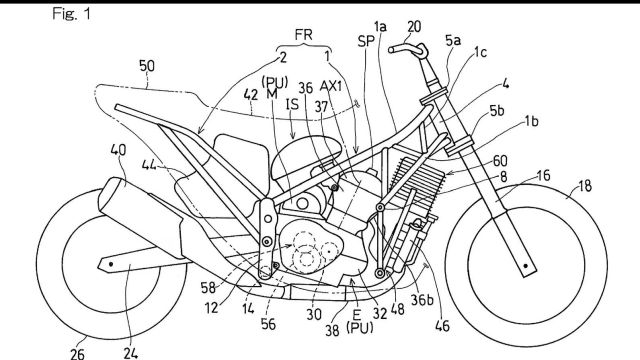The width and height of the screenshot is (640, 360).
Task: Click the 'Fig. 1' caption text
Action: click(71, 14)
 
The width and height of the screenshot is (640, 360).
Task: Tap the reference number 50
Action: click(147, 66)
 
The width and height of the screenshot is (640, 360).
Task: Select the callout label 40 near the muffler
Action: click(118, 150)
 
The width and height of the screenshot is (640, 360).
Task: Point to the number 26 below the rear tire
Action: click(77, 353)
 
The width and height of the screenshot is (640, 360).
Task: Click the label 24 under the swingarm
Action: click(131, 353)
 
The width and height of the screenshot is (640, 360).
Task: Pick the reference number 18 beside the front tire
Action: click(584, 186)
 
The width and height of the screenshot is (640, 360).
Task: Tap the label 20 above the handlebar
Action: click(413, 27)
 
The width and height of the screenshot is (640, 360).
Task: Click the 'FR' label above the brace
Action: click(304, 35)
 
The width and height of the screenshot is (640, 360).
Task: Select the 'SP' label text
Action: click(366, 41)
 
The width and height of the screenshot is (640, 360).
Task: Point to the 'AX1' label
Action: click(332, 87)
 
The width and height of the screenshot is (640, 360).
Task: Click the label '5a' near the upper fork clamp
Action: click(453, 40)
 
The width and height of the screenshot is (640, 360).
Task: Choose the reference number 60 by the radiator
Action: click(500, 161)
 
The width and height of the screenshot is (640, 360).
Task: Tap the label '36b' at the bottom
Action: click(422, 300)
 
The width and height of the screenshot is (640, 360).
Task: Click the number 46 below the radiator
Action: click(442, 326)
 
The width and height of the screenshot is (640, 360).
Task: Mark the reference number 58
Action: click(208, 288)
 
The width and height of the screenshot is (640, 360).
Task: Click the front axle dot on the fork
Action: click(526, 266)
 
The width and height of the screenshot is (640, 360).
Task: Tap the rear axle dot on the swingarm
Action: click(111, 264)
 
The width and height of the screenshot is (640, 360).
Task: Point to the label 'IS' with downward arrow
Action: click(292, 105)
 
